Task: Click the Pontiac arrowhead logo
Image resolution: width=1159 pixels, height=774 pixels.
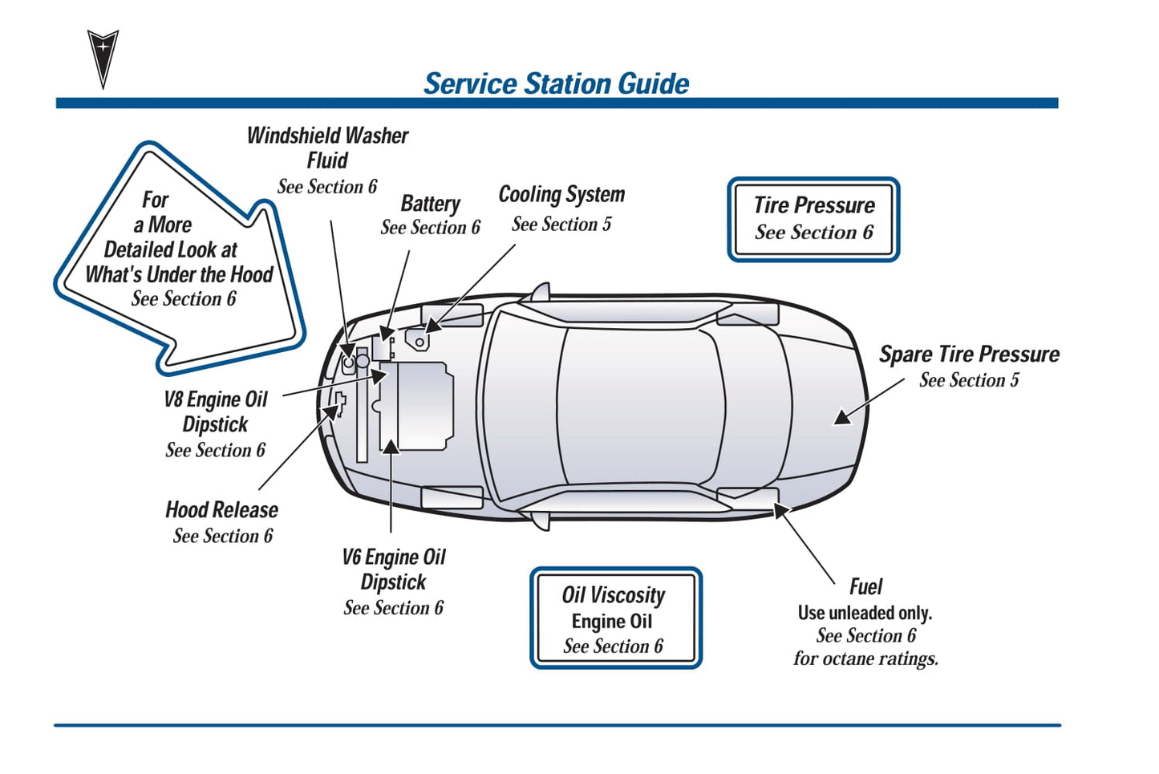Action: pyautogui.click(x=103, y=57)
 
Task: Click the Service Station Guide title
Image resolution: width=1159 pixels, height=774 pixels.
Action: pyautogui.click(x=556, y=83)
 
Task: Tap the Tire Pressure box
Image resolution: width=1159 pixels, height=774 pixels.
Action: pyautogui.click(x=813, y=219)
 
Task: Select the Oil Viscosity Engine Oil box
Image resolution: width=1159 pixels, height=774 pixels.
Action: pyautogui.click(x=615, y=618)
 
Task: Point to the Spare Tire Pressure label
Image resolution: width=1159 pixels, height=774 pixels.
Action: pyautogui.click(x=969, y=355)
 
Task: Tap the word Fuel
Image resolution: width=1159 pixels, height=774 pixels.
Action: pyautogui.click(x=865, y=587)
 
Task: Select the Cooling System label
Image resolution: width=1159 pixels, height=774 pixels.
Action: pyautogui.click(x=561, y=195)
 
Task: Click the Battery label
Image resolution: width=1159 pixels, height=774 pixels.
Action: pyautogui.click(x=431, y=204)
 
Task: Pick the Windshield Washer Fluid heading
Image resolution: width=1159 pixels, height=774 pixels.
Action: pyautogui.click(x=327, y=148)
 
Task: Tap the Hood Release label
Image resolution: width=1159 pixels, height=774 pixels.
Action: pyautogui.click(x=221, y=510)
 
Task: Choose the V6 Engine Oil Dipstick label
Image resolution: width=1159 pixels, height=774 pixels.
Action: pyautogui.click(x=393, y=569)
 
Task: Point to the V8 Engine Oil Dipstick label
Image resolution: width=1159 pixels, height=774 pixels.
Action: pyautogui.click(x=215, y=411)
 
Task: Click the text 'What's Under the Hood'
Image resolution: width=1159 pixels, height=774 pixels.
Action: pyautogui.click(x=180, y=274)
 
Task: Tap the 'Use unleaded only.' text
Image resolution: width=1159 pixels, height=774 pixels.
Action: pyautogui.click(x=865, y=614)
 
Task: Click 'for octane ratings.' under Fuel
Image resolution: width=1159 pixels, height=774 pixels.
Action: pyautogui.click(x=865, y=659)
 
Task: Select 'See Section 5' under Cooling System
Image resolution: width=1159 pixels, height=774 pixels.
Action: pyautogui.click(x=561, y=225)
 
